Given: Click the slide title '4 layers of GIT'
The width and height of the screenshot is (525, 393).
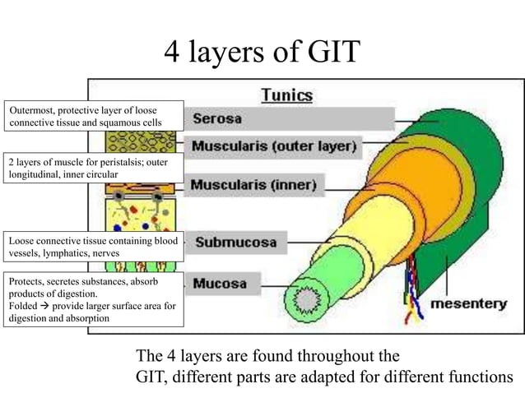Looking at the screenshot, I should coord(262,52).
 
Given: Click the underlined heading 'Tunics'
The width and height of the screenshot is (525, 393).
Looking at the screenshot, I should coord(286,95).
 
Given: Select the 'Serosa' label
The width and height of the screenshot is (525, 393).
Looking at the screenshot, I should coord(217,118).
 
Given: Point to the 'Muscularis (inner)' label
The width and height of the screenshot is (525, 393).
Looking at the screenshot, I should coord(253,185).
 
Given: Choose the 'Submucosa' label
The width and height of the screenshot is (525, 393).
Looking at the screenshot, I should coord(235,243).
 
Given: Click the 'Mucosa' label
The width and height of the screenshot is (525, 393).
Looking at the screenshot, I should coord(220,284).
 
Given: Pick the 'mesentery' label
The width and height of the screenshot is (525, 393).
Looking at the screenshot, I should coord(469,303).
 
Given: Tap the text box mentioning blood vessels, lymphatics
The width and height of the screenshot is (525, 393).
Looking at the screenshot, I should coord(93,247).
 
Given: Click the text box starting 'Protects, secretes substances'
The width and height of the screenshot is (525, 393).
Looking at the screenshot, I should coord(93,299).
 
